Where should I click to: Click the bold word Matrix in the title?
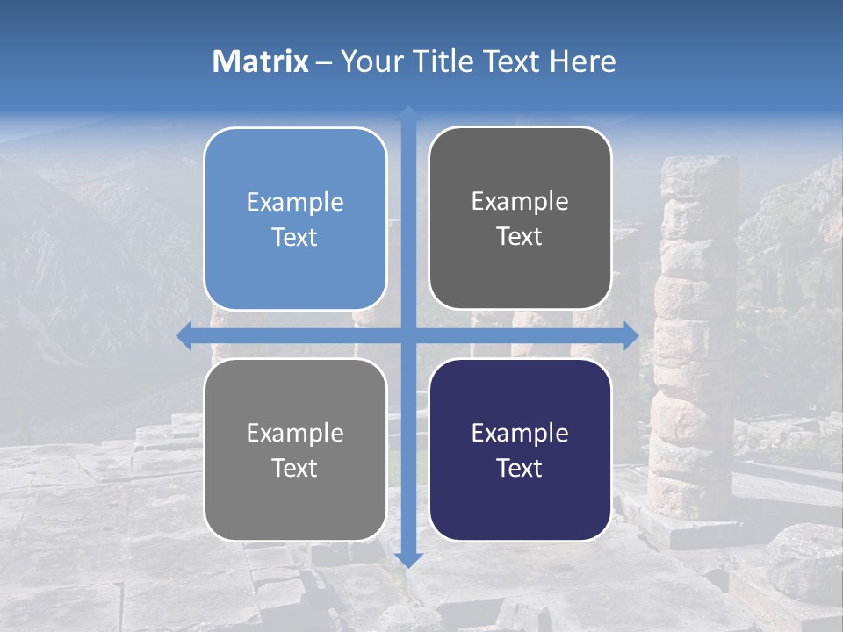click(x=260, y=61)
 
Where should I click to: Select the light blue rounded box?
click(x=295, y=219)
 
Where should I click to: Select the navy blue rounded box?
click(x=520, y=450)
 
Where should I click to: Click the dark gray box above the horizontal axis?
click(x=520, y=219)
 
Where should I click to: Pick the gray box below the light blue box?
click(x=295, y=450)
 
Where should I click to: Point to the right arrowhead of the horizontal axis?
click(x=630, y=335)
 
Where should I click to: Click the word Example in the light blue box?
click(x=295, y=203)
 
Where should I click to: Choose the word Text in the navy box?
click(x=520, y=468)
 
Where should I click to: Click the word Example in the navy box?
click(x=520, y=433)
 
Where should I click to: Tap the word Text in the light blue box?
click(x=295, y=237)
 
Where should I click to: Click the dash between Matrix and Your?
click(x=325, y=62)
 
